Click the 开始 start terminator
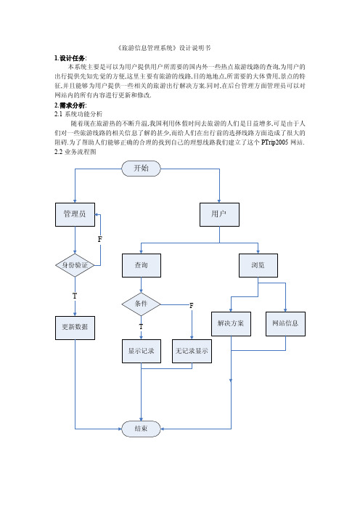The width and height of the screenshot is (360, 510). pyautogui.click(x=141, y=169)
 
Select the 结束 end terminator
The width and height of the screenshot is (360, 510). pyautogui.click(x=141, y=429)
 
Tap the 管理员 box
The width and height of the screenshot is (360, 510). pyautogui.click(x=75, y=214)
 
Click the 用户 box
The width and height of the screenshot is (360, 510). pyautogui.click(x=219, y=214)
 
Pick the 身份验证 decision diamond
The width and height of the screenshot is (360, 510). pyautogui.click(x=75, y=265)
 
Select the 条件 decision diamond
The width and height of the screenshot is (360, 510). pyautogui.click(x=141, y=304)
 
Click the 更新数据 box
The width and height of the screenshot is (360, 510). pyautogui.click(x=75, y=328)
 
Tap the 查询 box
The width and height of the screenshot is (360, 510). pyautogui.click(x=142, y=265)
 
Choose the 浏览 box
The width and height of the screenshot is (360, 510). pyautogui.click(x=258, y=265)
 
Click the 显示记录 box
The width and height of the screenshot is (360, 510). pyautogui.click(x=142, y=352)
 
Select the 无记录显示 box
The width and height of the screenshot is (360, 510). pyautogui.click(x=192, y=352)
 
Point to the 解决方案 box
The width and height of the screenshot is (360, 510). pyautogui.click(x=231, y=324)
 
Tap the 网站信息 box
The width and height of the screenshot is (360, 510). pyautogui.click(x=285, y=324)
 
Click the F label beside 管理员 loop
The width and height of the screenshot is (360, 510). pyautogui.click(x=100, y=240)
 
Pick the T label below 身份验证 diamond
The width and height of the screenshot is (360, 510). pyautogui.click(x=75, y=296)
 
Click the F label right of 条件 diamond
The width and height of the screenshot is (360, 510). pyautogui.click(x=192, y=305)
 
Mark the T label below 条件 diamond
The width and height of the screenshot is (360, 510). pyautogui.click(x=141, y=326)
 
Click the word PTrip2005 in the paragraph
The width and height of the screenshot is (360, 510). pyautogui.click(x=274, y=142)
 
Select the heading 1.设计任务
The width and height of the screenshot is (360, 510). pyautogui.click(x=70, y=58)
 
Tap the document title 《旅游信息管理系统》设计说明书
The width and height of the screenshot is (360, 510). pyautogui.click(x=164, y=48)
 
